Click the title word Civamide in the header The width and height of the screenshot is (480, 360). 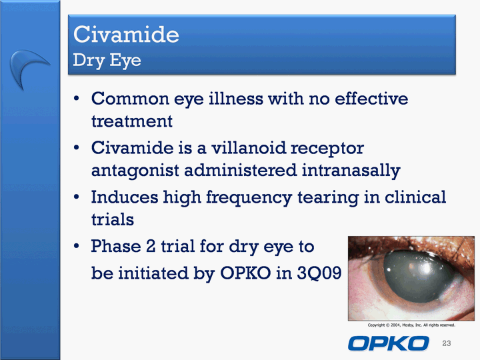tap(126, 34)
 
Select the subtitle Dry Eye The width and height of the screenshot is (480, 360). tap(107, 60)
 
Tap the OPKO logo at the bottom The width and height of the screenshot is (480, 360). tap(389, 343)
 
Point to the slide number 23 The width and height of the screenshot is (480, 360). tap(446, 343)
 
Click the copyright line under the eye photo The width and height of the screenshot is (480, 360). tap(411, 325)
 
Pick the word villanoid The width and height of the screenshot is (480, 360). tap(249, 148)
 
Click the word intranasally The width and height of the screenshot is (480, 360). tap(351, 171)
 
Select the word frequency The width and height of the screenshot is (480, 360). tap(249, 198)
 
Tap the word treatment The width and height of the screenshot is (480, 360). tap(132, 121)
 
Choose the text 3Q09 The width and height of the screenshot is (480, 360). tap(319, 273)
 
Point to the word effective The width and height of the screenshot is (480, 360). tap(371, 99)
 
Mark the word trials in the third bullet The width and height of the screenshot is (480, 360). tap(113, 219)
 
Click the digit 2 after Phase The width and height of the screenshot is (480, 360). tap(151, 246)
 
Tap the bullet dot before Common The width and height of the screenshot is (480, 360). tap(76, 99)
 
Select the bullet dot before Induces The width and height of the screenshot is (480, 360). tap(76, 197)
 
